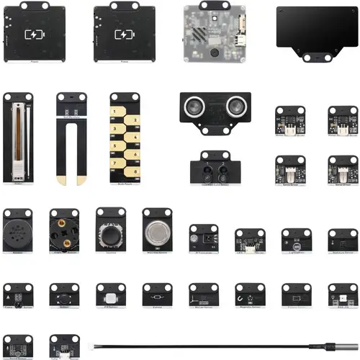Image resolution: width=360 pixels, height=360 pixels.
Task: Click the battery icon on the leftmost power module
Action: tap(34, 34)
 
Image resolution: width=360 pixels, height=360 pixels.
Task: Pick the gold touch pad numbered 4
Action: tap(132, 128)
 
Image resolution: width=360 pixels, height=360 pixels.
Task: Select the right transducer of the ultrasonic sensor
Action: tap(235, 107)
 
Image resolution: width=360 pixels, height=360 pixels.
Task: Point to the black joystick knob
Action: tap(111, 235)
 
